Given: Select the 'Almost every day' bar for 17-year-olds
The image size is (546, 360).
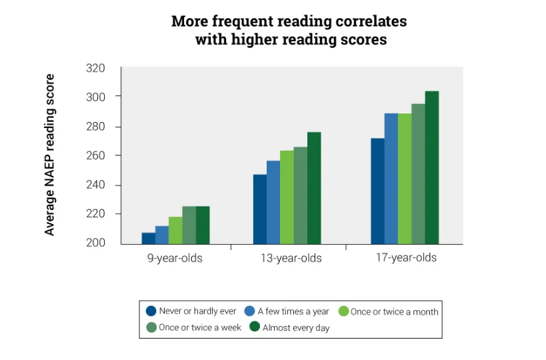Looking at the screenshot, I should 432,167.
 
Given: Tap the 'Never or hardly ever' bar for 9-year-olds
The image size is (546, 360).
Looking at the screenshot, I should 148,238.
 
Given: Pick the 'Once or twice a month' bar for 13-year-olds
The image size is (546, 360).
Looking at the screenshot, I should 287,197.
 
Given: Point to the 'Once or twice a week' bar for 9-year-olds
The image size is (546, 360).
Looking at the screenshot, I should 189,225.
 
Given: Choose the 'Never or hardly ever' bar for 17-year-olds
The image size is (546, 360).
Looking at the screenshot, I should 377,191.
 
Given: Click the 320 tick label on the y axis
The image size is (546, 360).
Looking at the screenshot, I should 96,68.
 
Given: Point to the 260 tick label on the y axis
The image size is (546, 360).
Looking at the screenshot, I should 96,155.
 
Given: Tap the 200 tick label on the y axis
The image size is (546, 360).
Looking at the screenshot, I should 96,243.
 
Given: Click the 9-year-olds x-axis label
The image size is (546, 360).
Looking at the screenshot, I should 175,258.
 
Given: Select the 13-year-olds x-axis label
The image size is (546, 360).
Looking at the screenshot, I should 291,258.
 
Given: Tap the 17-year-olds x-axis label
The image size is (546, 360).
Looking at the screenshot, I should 406,257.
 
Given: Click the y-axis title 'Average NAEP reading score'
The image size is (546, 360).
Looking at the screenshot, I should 50,155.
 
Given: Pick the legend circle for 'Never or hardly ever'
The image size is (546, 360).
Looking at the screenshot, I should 151,311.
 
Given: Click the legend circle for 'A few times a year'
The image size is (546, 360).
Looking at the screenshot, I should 250,311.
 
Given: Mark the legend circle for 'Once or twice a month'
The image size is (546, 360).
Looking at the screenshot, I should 344,311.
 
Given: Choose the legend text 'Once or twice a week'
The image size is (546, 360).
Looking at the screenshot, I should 200,327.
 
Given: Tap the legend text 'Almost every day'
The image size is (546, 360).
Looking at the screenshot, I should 296,327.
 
